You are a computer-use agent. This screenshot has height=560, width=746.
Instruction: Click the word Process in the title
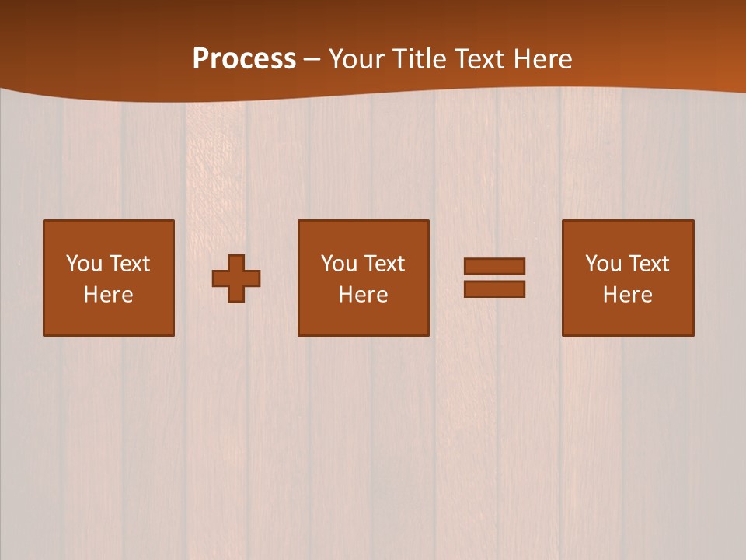244,59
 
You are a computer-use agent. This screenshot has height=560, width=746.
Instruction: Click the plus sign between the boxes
236,278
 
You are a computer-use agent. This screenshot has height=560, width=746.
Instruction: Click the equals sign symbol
494,278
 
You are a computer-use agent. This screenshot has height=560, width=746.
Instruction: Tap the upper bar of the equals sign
494,266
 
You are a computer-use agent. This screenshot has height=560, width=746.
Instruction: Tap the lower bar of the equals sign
494,289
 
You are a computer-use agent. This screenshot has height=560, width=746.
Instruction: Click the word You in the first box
84,264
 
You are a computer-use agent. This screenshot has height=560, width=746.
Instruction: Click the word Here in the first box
109,295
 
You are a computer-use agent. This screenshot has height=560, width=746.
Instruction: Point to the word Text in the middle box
385,264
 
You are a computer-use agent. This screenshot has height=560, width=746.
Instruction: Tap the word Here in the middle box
364,295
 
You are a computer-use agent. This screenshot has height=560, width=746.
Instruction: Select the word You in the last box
603,264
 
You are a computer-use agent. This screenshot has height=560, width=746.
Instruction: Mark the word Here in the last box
628,295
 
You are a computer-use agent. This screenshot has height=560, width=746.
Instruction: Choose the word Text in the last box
649,264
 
